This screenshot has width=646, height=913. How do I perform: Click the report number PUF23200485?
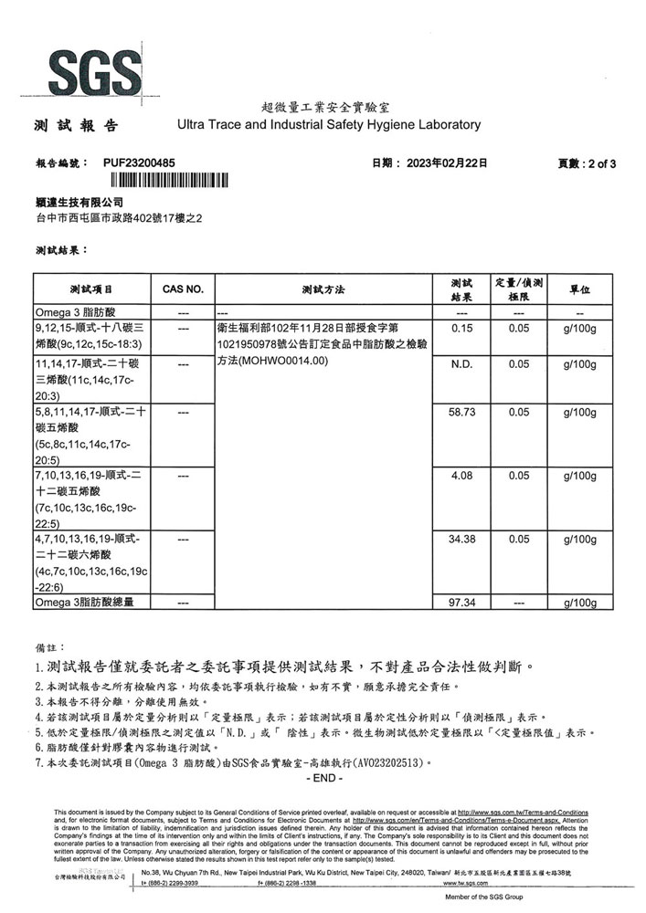[x=136, y=163]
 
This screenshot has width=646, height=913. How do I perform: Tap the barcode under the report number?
[x=164, y=179]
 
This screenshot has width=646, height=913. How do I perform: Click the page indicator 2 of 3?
[x=601, y=163]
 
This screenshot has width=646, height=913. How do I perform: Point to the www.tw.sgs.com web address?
[x=467, y=884]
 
